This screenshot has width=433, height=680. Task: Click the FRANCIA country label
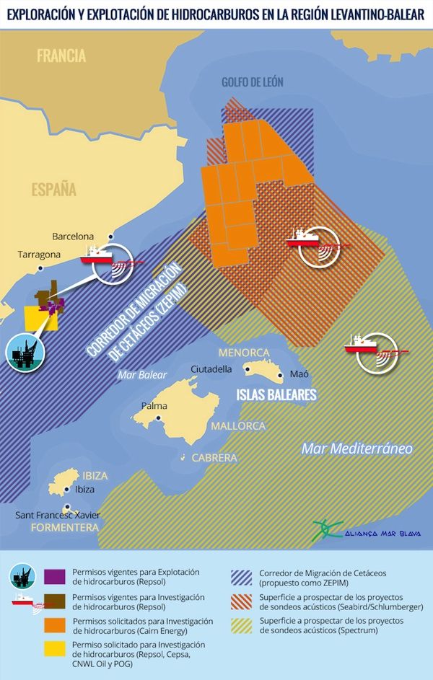pyautogui.click(x=61, y=56)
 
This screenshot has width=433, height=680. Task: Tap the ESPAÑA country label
pyautogui.click(x=53, y=190)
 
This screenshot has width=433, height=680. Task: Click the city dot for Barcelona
pyautogui.click(x=110, y=237)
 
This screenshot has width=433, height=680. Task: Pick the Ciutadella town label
pyautogui.click(x=211, y=369)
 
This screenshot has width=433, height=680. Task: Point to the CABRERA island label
pyautogui.click(x=214, y=458)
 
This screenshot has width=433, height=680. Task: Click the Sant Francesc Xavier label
pyautogui.click(x=58, y=515)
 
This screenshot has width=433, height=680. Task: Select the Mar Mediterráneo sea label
pyautogui.click(x=357, y=449)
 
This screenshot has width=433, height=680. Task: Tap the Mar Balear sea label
pyautogui.click(x=142, y=375)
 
